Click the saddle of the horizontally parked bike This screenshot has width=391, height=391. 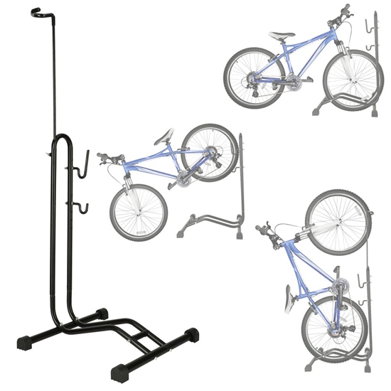(x=282, y=34)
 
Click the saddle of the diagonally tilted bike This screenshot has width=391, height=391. (x=165, y=135)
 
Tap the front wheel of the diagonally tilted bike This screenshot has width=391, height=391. (x=139, y=213)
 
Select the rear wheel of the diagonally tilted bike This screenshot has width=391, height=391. (x=208, y=152)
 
